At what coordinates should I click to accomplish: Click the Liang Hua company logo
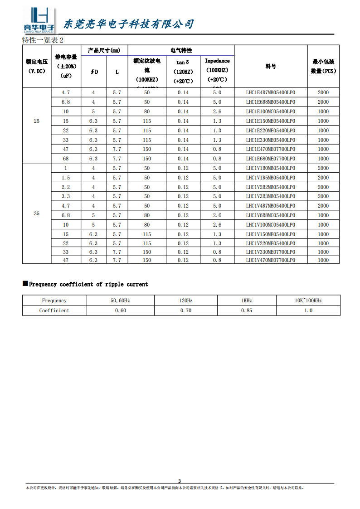pos(39,20)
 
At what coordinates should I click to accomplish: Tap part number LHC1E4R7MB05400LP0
pos(271,92)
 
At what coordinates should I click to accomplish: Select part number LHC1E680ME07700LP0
pos(271,159)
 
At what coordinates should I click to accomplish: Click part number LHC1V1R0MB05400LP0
pos(271,168)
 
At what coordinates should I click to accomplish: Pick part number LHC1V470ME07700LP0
pos(271,260)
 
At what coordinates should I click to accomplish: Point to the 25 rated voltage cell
pos(37,121)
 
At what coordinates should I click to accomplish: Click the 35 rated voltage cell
pos(37,213)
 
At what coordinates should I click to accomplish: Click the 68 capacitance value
pos(66,159)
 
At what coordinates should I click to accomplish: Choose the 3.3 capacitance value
pos(66,196)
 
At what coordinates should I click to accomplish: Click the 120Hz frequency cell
pos(186,301)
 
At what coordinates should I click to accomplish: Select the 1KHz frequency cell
pos(247,301)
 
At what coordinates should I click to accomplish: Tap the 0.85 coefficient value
pos(247,310)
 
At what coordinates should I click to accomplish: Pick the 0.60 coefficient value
pos(121,310)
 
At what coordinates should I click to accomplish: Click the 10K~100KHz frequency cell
pos(308,301)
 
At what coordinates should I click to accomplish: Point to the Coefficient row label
pos(54,310)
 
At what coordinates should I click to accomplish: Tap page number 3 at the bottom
pos(180,481)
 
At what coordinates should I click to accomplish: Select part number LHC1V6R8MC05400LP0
pos(271,215)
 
